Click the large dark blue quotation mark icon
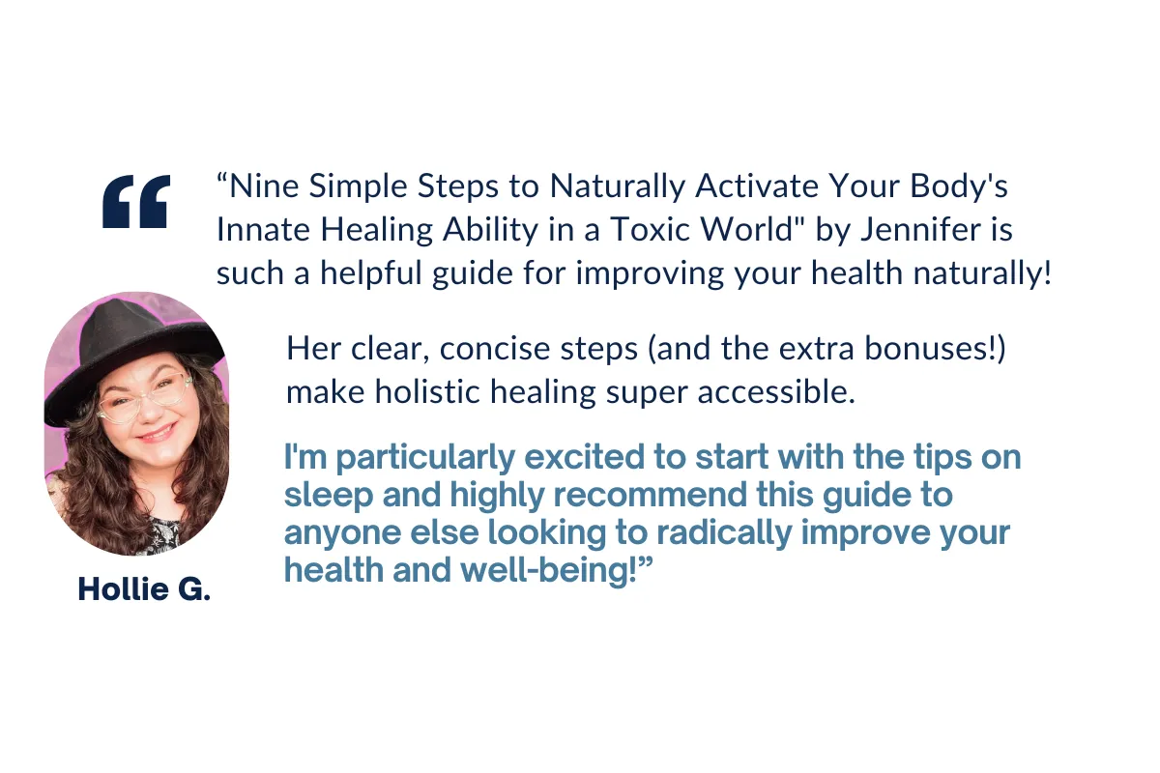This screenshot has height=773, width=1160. (x=136, y=201)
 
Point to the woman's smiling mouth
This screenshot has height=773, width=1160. (x=156, y=432)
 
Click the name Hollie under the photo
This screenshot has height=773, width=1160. (x=124, y=588)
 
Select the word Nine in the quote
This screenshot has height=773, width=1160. (x=264, y=186)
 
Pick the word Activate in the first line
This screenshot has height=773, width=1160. (x=757, y=186)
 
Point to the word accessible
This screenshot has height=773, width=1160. (x=776, y=392)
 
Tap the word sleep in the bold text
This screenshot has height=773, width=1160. (x=329, y=495)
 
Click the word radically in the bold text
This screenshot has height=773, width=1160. (x=724, y=532)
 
